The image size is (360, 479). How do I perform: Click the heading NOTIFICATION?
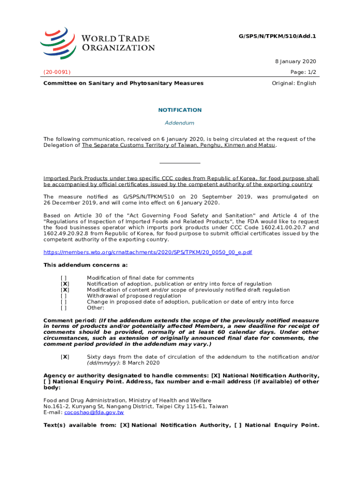pyautogui.click(x=180, y=110)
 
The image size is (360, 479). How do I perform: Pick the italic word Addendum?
pyautogui.click(x=180, y=123)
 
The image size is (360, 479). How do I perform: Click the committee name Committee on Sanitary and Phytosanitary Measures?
pyautogui.click(x=123, y=83)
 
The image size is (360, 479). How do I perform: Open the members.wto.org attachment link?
pyautogui.click(x=148, y=252)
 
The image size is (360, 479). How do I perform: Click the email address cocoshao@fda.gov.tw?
pyautogui.click(x=94, y=413)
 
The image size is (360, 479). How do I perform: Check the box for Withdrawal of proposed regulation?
pyautogui.click(x=65, y=296)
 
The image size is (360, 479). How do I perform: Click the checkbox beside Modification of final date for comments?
pyautogui.click(x=65, y=278)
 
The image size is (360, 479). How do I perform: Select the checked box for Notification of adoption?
pyautogui.click(x=65, y=284)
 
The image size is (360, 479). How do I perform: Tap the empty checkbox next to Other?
pyautogui.click(x=65, y=308)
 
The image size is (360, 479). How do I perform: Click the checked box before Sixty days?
pyautogui.click(x=65, y=357)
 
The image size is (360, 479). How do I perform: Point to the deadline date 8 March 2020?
pyautogui.click(x=140, y=363)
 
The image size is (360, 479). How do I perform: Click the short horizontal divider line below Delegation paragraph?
pyautogui.click(x=180, y=163)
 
